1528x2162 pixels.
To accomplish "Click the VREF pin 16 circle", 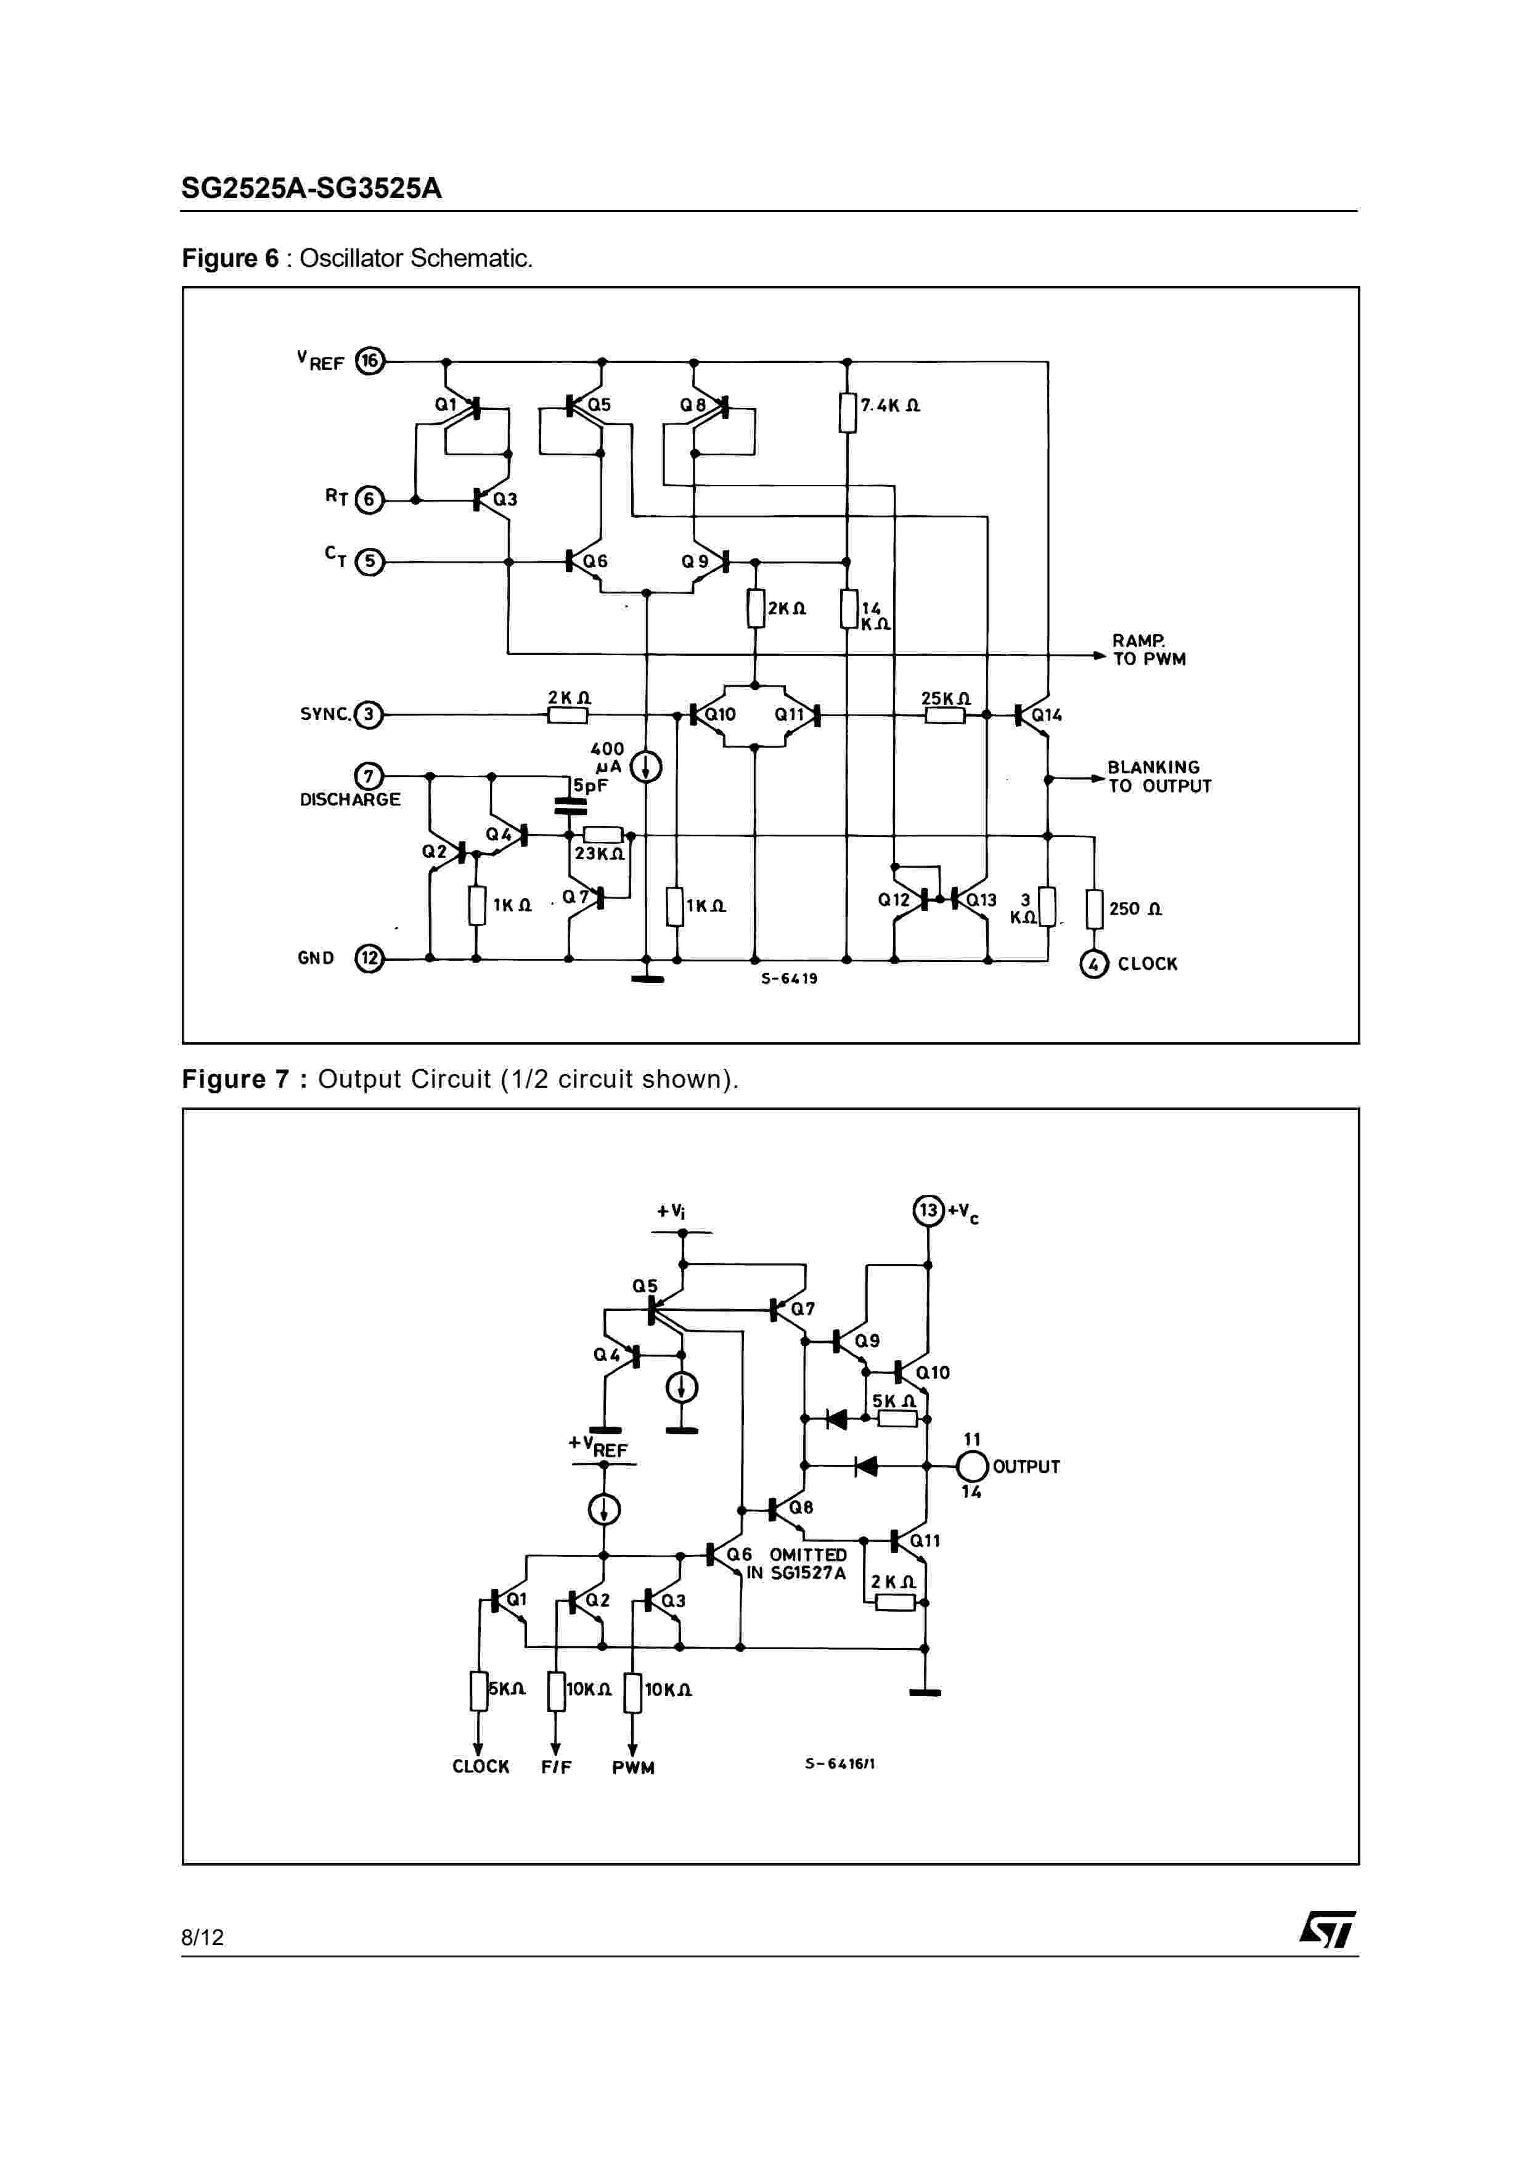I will [370, 362].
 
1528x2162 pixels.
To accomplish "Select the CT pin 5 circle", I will [369, 562].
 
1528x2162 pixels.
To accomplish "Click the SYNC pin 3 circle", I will [368, 715].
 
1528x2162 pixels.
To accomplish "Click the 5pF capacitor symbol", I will [569, 805].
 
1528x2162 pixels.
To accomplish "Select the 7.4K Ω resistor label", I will [891, 406].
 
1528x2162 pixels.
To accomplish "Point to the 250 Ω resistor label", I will [1135, 908].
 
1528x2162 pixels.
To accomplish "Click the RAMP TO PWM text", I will [1148, 650].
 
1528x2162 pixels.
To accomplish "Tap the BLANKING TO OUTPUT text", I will [1159, 777].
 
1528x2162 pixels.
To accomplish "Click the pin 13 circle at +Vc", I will [928, 1210].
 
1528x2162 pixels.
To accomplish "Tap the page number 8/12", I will [202, 1937].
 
